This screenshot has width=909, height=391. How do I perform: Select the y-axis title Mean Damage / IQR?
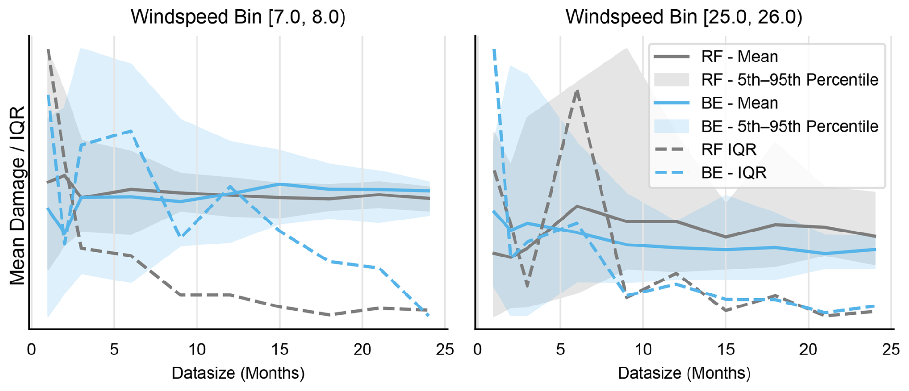[x=17, y=195]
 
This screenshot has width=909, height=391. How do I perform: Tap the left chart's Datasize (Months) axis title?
[x=238, y=373]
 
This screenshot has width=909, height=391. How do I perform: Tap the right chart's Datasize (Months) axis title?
[x=684, y=373]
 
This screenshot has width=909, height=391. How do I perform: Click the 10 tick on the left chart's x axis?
[x=197, y=350]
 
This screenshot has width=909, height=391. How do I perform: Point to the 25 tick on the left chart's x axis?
[x=445, y=350]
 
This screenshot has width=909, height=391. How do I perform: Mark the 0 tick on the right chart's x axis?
[x=478, y=350]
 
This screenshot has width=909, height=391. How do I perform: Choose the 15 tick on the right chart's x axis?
[x=725, y=350]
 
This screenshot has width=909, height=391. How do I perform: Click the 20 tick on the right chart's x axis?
[x=808, y=350]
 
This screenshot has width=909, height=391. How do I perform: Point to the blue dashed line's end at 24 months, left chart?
[x=428, y=315]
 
